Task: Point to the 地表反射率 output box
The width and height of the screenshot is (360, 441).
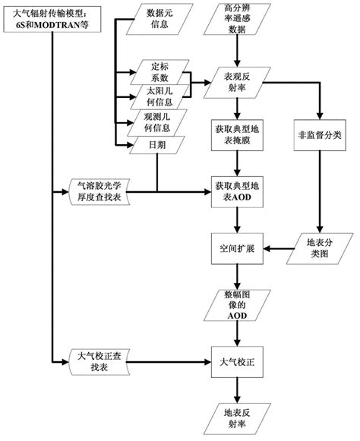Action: click(x=237, y=417)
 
